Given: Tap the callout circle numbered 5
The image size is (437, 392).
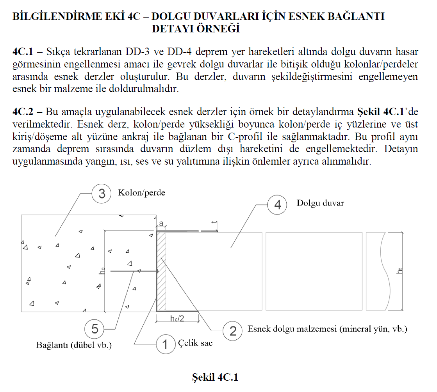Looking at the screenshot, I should tap(95, 329).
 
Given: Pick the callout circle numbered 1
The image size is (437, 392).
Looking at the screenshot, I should tap(165, 344).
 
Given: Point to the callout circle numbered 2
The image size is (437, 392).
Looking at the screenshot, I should tap(233, 331).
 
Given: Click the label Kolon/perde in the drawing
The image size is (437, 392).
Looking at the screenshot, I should tap(141, 193).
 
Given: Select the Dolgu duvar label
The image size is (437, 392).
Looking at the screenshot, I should tap(320, 203).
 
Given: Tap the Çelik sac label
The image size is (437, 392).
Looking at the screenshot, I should tap(195, 343).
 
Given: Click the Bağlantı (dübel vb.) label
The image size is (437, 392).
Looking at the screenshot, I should tap(74, 345).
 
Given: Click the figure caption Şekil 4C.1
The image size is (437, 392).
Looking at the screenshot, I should tap(215, 377).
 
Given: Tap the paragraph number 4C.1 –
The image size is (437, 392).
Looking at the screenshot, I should tap(27, 51).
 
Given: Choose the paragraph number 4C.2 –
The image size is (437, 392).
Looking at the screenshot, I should tap(27, 112).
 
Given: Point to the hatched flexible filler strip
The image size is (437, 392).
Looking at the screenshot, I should tap(162, 271).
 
